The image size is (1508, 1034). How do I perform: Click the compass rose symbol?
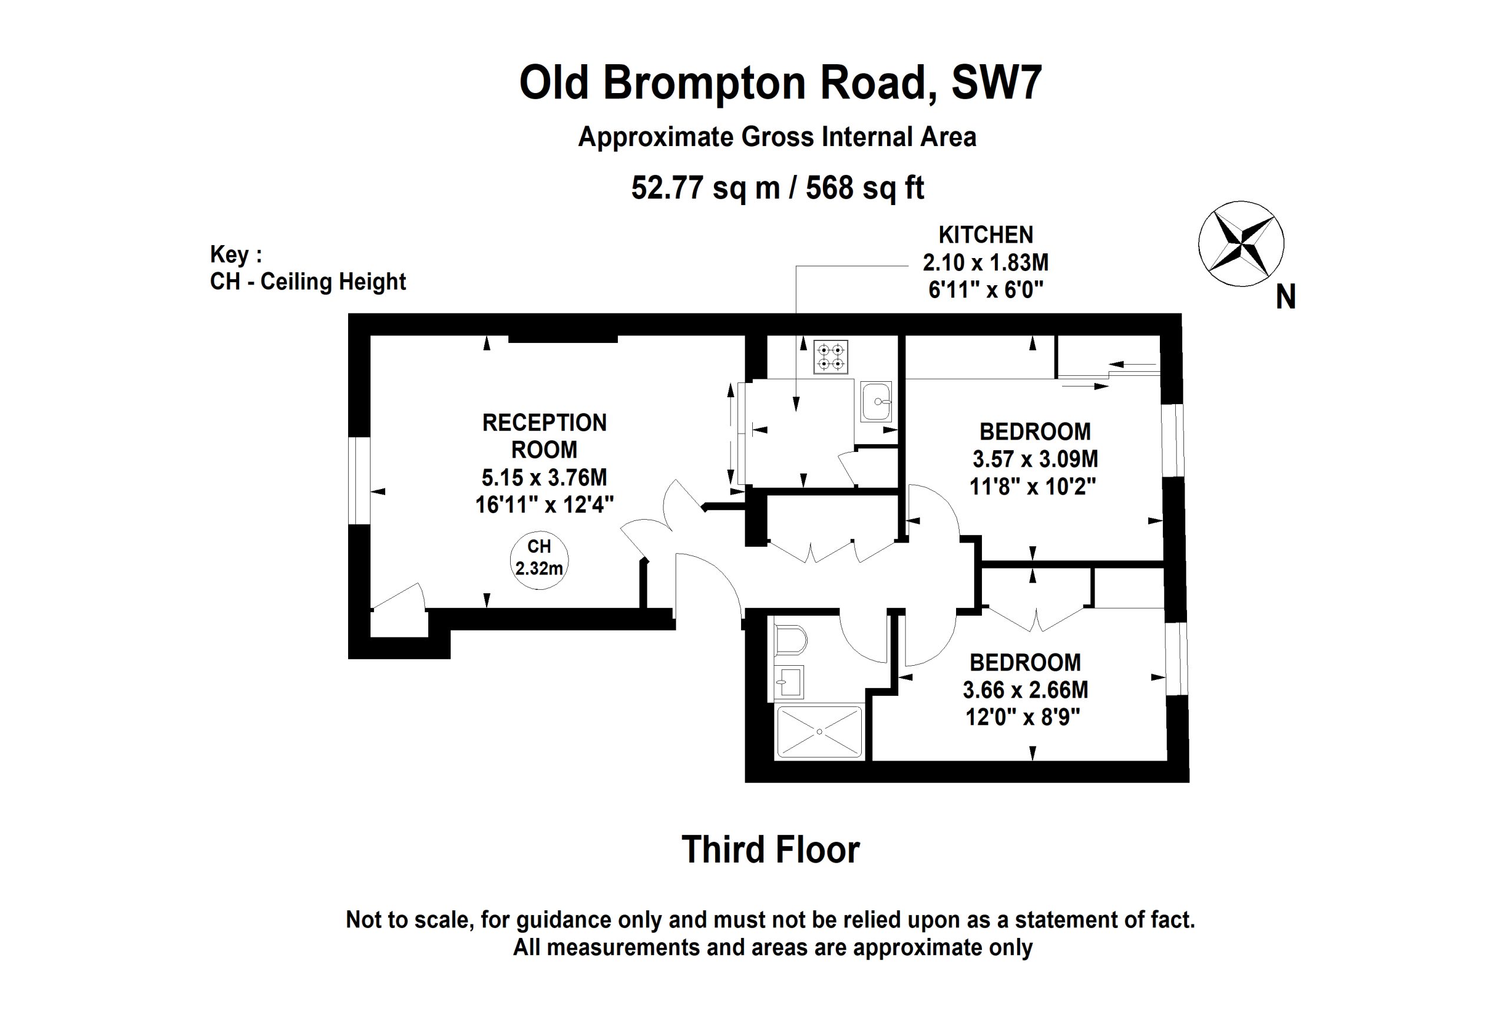[x=1240, y=243]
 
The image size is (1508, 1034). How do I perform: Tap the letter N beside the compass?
[x=1285, y=298]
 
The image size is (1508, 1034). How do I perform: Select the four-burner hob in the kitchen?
[x=831, y=357]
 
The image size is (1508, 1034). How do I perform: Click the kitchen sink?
[x=876, y=402]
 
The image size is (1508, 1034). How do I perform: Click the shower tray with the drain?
[x=819, y=732]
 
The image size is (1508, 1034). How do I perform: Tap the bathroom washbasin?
[x=789, y=682]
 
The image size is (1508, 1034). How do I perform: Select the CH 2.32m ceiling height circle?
[x=538, y=560]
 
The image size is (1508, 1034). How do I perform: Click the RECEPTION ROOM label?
[x=544, y=436]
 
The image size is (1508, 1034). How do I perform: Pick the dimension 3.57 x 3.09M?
[x=1035, y=459]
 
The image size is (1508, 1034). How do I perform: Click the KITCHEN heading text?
[x=986, y=234]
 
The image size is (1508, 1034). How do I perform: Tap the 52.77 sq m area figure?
[x=705, y=188]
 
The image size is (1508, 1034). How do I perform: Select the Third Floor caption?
[x=770, y=850]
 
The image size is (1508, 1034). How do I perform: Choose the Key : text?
[x=236, y=255]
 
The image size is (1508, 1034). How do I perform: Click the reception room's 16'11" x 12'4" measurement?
[x=544, y=504]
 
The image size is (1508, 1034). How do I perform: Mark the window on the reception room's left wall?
[x=359, y=480]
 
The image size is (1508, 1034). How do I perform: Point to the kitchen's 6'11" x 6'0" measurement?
[x=986, y=289]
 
